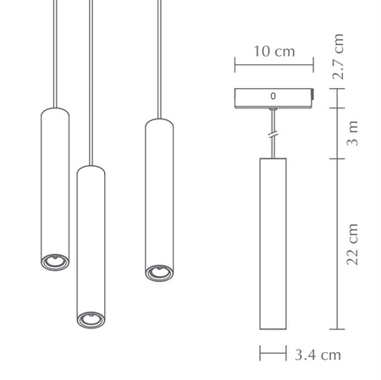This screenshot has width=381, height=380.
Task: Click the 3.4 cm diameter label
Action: [318, 354]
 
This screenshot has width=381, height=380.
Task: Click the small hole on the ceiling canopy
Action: [273, 96]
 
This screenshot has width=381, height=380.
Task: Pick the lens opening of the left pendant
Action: [52, 262]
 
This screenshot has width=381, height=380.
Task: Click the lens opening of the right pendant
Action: [155, 272]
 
